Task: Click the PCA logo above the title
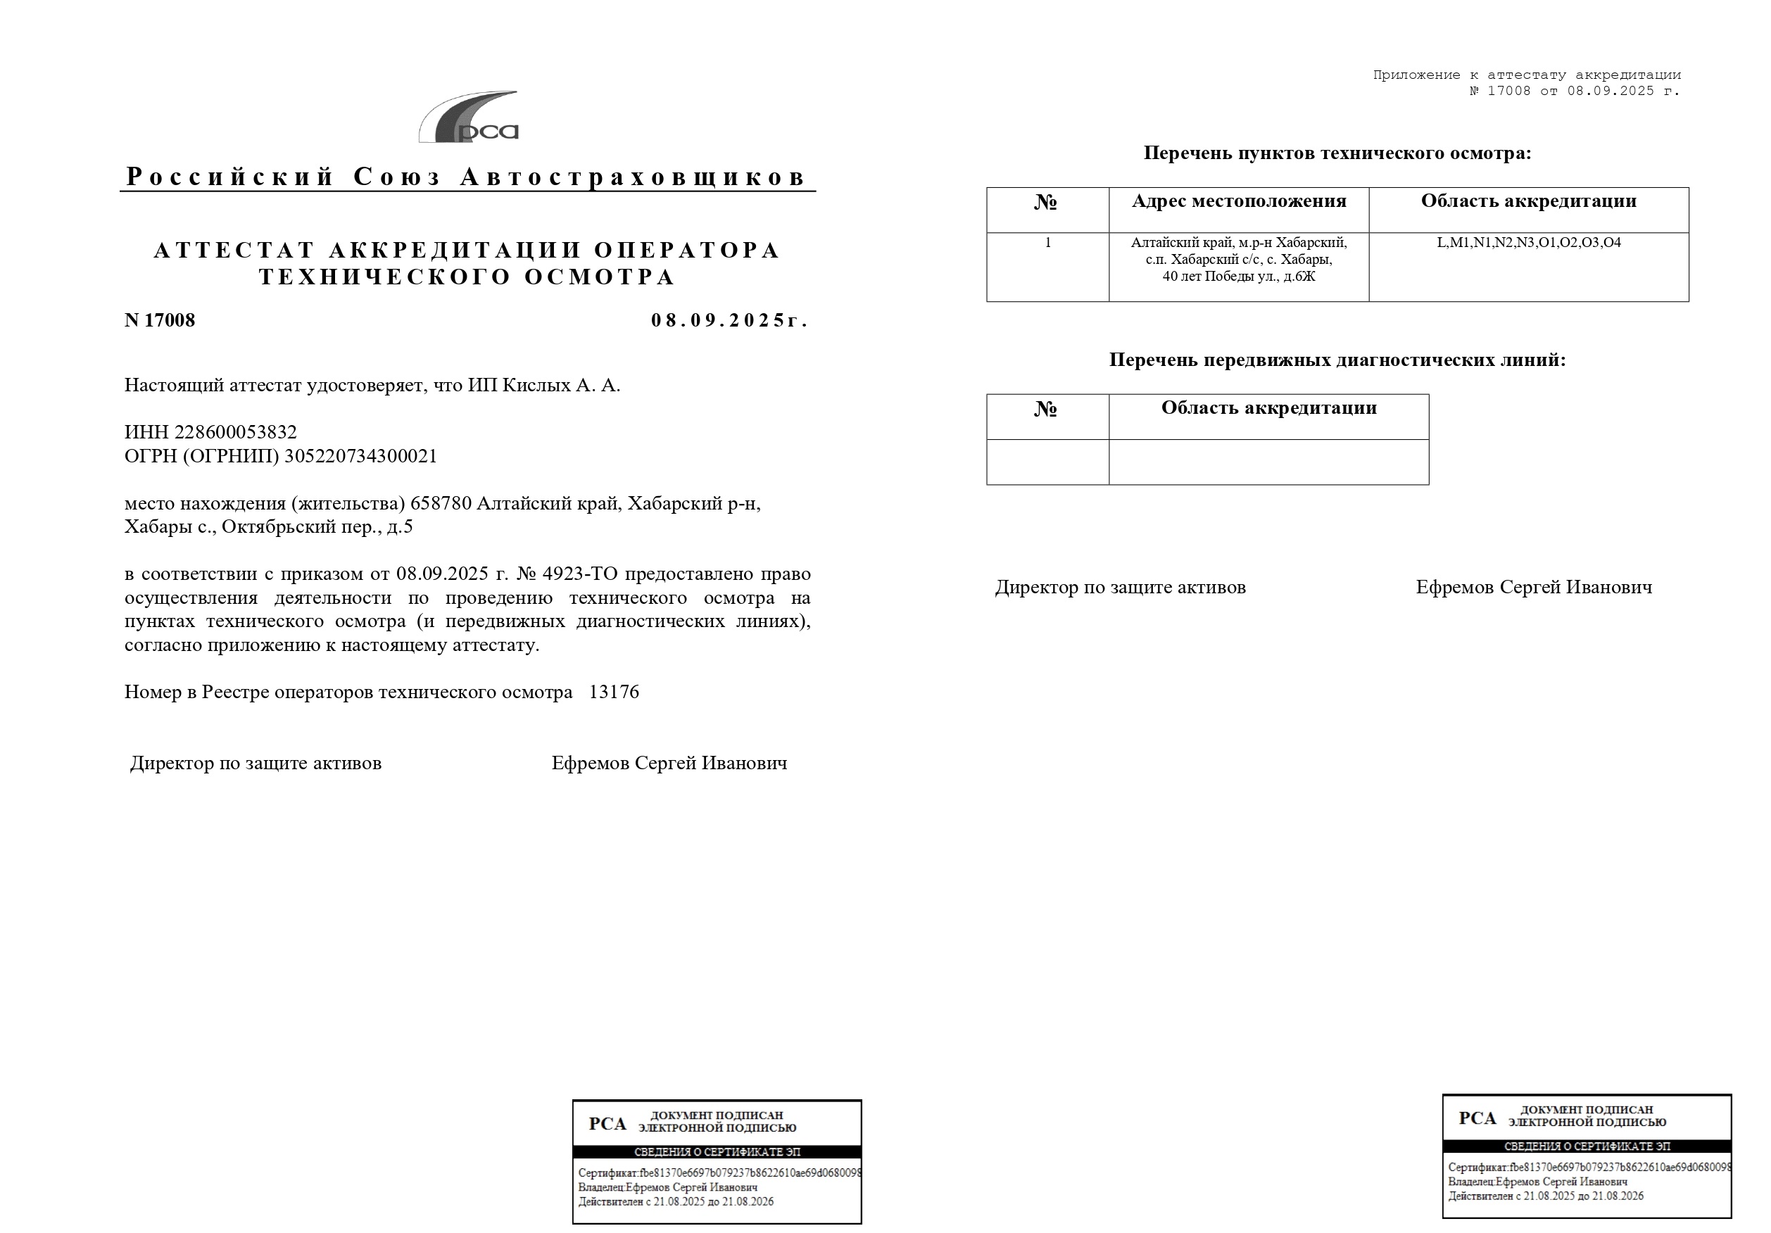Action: pos(469,118)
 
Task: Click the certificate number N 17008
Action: pos(160,320)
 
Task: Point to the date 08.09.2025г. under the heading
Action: pos(729,320)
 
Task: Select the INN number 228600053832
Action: pos(235,432)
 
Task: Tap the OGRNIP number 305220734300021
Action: pos(360,456)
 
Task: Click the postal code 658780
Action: pos(441,503)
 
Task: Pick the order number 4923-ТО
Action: pos(580,574)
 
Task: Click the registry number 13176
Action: pos(614,692)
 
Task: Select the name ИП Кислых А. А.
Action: pos(544,385)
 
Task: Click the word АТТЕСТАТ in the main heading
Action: pos(234,250)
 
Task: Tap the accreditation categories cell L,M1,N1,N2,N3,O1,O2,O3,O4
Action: pos(1528,242)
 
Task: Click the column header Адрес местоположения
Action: pos(1239,201)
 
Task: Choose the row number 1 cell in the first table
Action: pos(1047,243)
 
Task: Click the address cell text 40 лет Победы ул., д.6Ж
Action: pos(1239,276)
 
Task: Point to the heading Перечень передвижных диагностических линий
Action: pos(1337,360)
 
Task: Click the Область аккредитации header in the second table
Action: pos(1269,408)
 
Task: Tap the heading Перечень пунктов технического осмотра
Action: pos(1337,153)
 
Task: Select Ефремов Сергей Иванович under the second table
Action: pos(1533,587)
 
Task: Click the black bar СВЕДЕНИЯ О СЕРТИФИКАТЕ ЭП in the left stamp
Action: pos(717,1152)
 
